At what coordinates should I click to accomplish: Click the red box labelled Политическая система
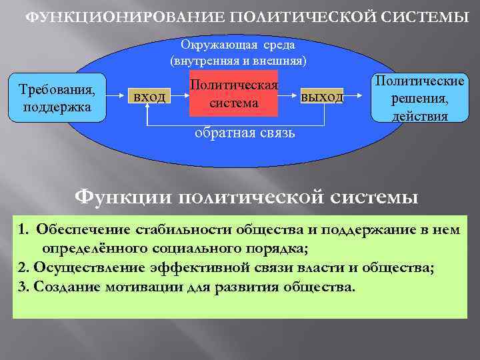tap(233, 95)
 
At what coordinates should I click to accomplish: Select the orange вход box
tap(149, 97)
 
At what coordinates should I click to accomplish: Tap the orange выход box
tap(322, 97)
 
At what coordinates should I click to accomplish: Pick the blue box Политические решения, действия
tap(420, 98)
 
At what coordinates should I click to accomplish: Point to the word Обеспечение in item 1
tap(84, 230)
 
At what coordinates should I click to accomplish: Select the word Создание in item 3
tap(64, 287)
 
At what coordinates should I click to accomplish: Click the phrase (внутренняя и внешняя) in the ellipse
tap(238, 61)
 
